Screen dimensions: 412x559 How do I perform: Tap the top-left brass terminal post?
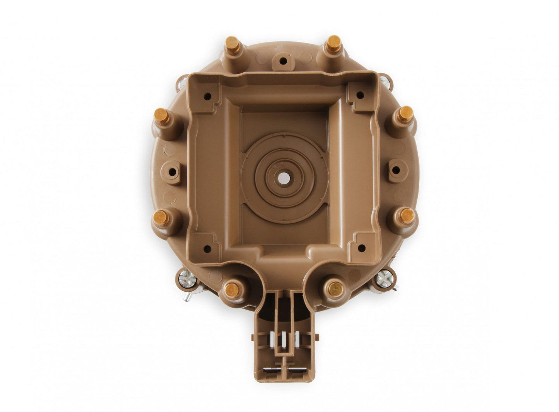click(232, 44)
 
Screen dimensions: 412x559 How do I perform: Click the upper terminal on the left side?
click(162, 116)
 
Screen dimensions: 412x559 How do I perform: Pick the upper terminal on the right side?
click(405, 114)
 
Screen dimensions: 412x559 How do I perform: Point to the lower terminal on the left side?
click(161, 218)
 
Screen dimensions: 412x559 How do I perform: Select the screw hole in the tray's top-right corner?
click(360, 95)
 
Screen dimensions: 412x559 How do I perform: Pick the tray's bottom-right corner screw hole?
click(361, 247)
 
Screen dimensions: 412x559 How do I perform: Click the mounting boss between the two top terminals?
click(283, 61)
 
